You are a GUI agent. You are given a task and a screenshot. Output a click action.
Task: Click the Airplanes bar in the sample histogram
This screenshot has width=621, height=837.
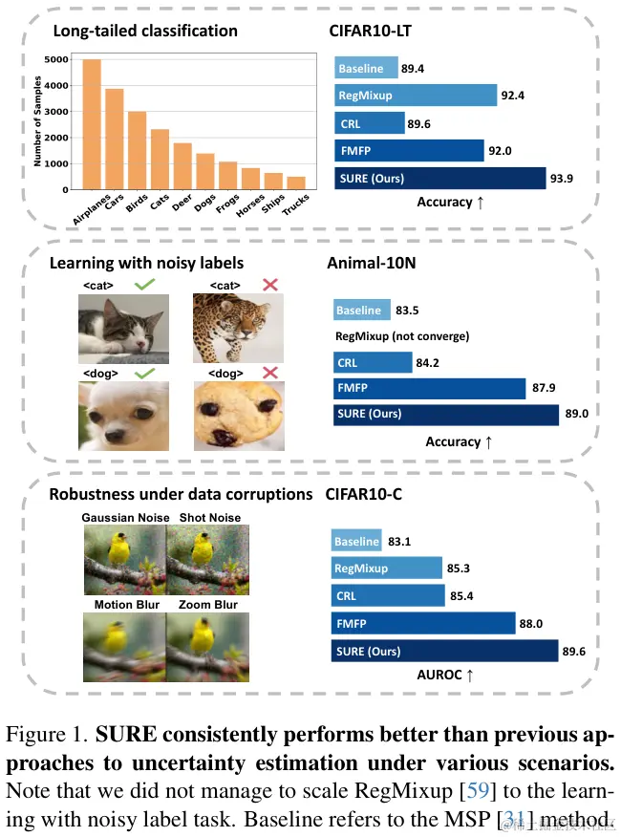tap(92, 124)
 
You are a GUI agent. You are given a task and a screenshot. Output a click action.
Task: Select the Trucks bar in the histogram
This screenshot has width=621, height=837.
tap(297, 182)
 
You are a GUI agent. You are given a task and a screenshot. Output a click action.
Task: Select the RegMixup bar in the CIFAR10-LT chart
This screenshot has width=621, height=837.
tap(416, 96)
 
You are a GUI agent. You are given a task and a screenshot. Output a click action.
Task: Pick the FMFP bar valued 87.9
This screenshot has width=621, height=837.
tap(430, 388)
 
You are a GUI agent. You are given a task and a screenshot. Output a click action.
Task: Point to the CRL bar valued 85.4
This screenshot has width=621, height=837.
tap(389, 596)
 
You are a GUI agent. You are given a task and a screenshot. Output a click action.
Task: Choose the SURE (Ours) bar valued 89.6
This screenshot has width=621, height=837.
tap(445, 650)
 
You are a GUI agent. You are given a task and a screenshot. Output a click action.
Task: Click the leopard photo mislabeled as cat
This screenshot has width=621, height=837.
tap(237, 327)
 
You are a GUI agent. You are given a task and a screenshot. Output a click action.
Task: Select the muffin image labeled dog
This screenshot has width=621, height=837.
tap(237, 415)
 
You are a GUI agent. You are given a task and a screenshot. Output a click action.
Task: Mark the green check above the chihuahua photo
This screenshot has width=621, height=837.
tap(144, 372)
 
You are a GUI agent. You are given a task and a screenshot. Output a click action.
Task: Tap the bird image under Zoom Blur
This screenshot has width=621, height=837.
tap(207, 648)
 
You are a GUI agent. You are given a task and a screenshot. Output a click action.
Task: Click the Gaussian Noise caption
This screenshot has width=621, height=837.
tap(124, 518)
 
